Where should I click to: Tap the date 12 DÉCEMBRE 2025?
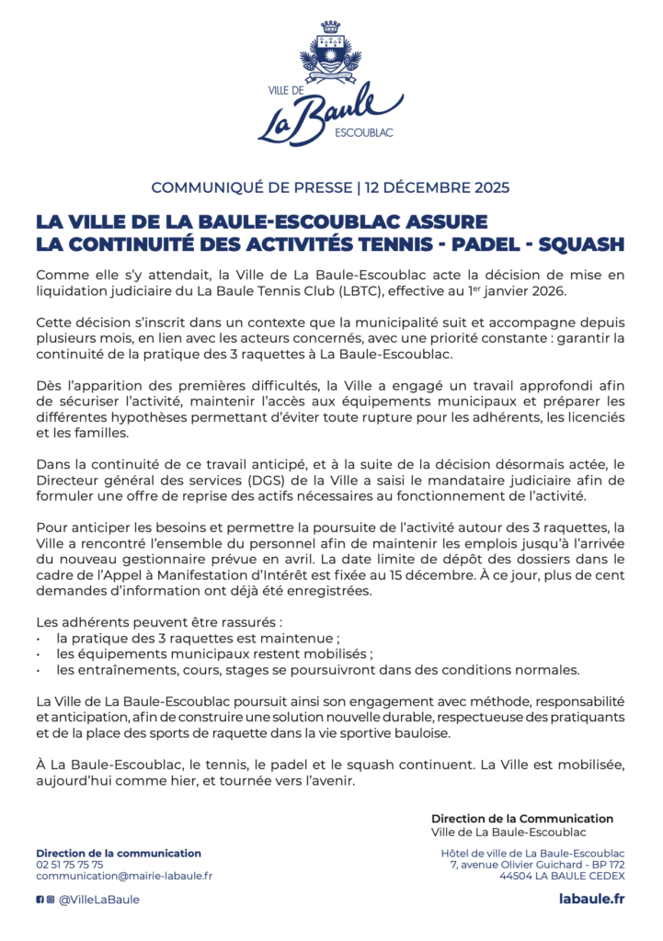pos(437,187)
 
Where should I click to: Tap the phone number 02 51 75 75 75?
pos(70,865)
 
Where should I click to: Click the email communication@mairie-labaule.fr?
pos(124,877)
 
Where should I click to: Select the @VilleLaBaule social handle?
pos(99,900)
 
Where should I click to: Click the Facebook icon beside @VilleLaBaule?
pos(40,900)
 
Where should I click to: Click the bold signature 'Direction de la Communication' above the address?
pos(521,818)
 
